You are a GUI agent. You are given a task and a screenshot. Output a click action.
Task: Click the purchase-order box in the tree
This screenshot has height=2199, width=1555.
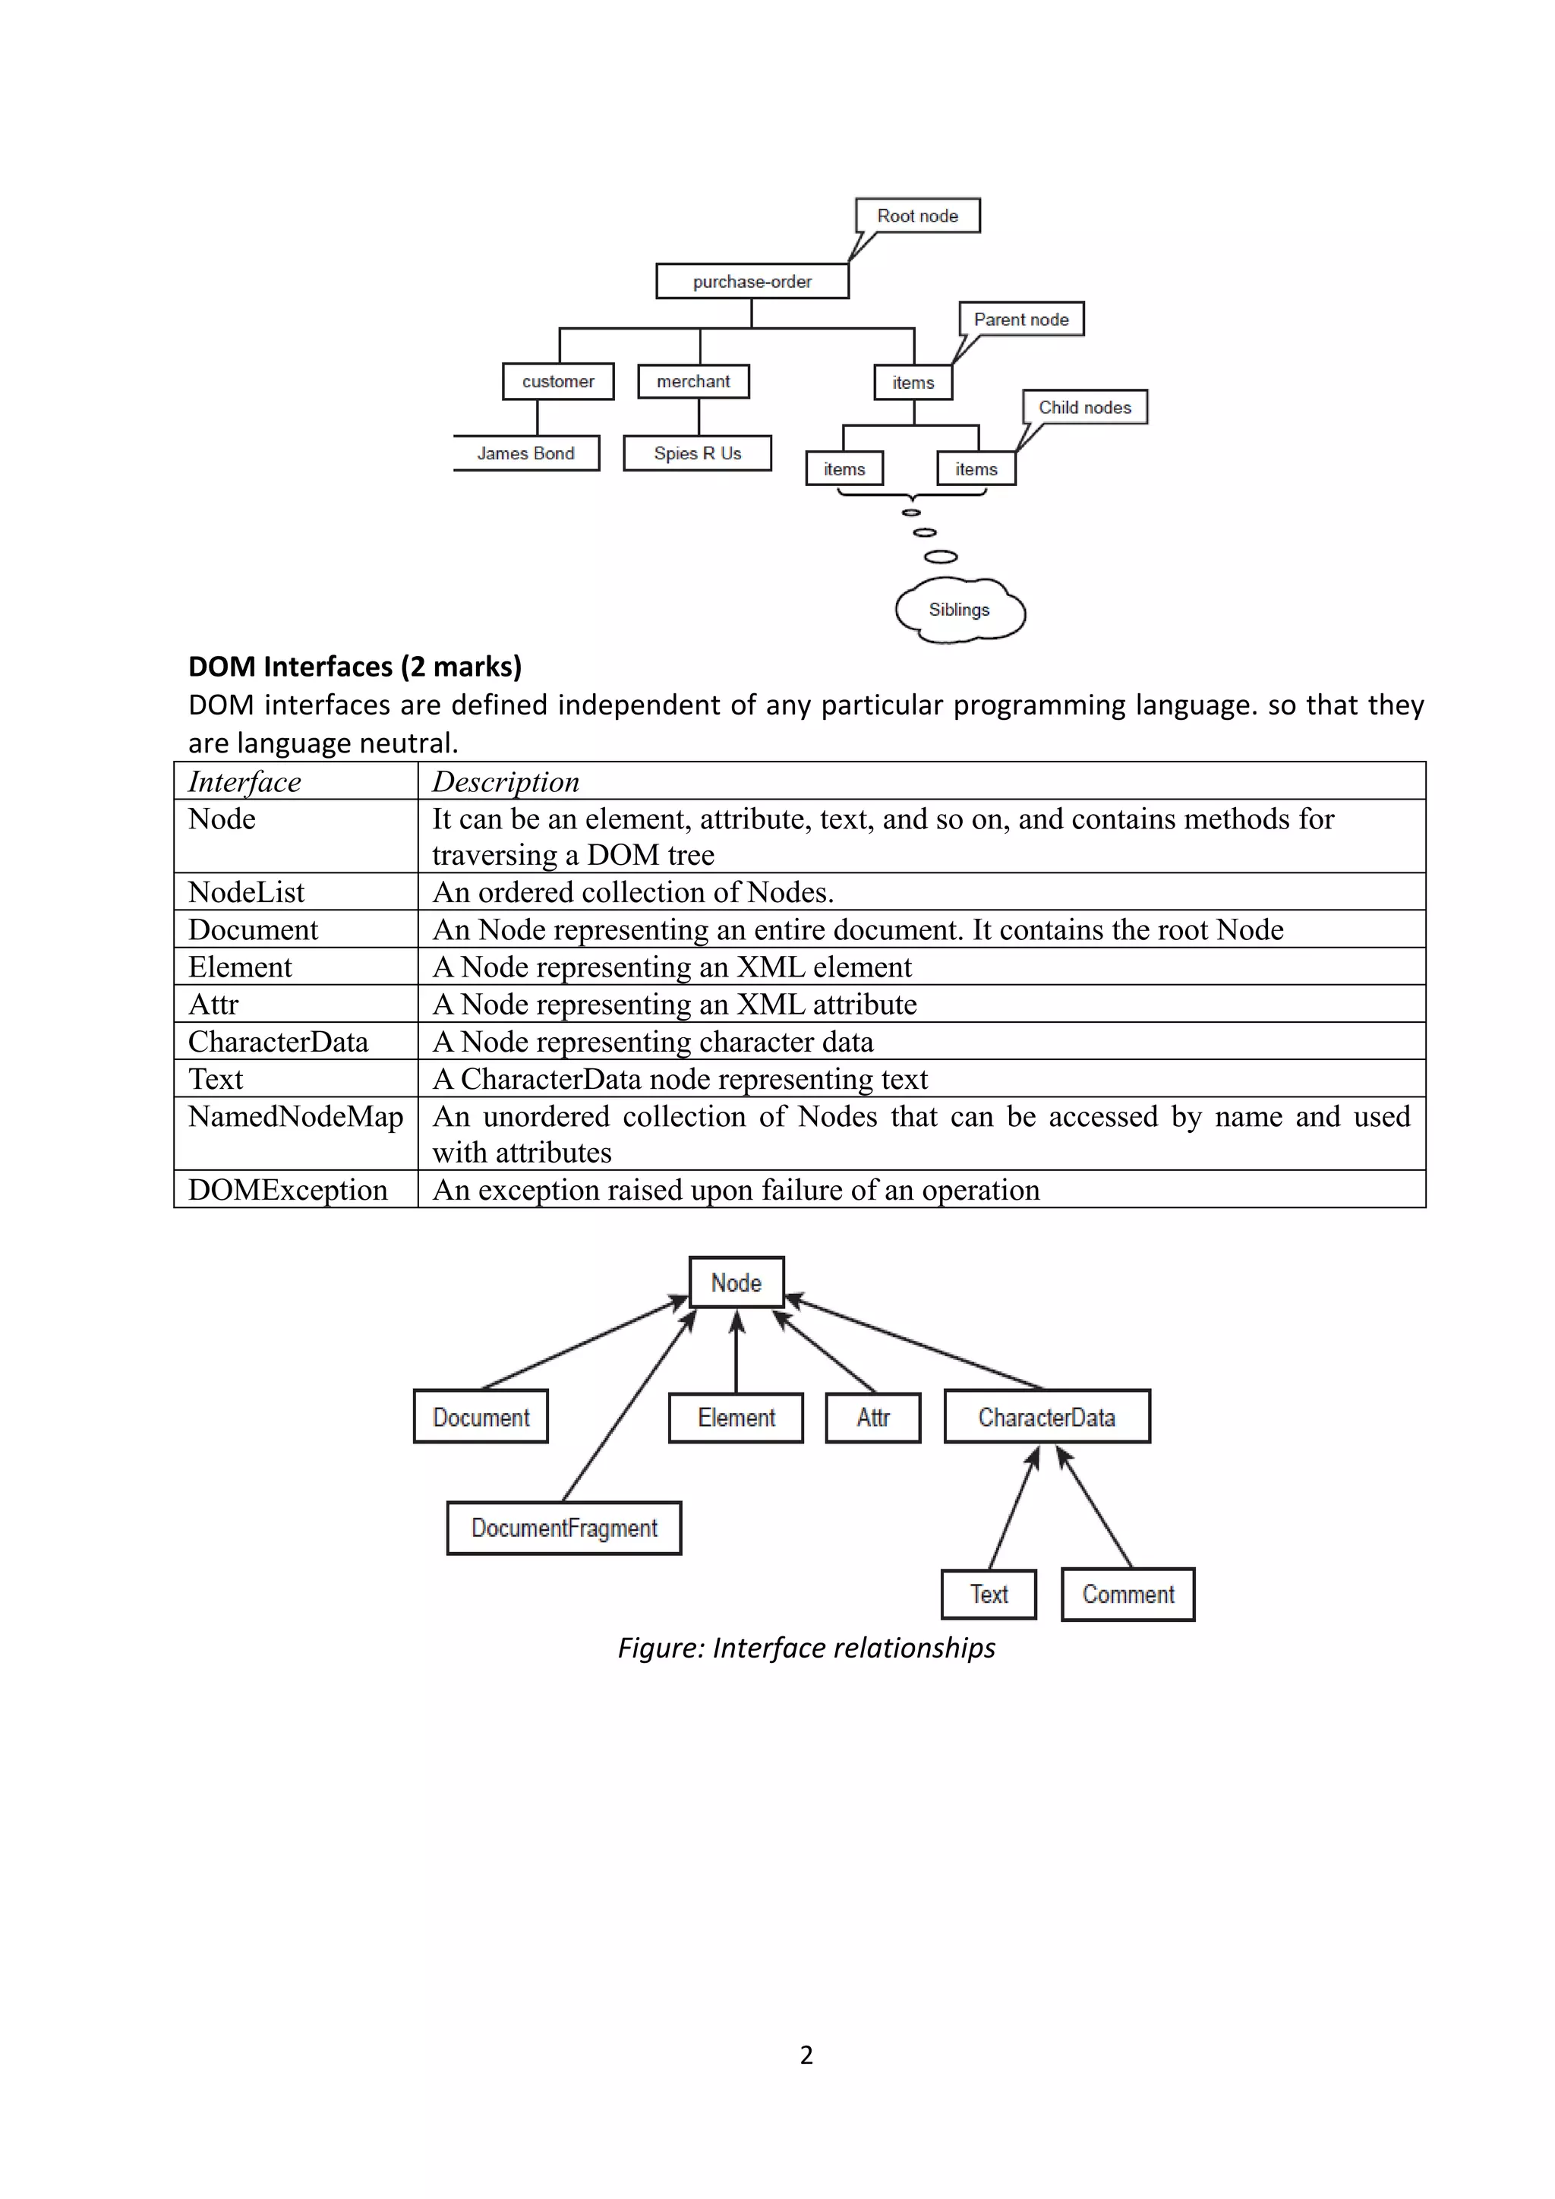click(x=752, y=282)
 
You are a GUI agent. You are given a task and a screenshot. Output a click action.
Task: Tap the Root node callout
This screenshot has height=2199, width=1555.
click(x=917, y=216)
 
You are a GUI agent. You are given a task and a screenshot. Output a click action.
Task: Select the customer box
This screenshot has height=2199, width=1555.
click(x=557, y=381)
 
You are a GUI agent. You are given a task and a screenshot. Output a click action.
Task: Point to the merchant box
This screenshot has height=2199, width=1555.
click(x=693, y=381)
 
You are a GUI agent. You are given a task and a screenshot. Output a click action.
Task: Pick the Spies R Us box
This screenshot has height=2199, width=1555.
click(x=697, y=453)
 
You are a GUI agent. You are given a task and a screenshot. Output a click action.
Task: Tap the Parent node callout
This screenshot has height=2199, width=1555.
click(x=1020, y=319)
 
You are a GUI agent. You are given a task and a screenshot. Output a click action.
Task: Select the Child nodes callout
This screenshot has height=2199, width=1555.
click(x=1084, y=407)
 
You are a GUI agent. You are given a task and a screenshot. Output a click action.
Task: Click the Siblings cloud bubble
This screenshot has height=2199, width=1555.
click(x=960, y=610)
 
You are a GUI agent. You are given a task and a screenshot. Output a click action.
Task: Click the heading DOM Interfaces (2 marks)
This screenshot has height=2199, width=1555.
click(x=355, y=667)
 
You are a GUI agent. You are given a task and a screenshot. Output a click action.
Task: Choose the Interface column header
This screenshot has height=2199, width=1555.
click(x=245, y=781)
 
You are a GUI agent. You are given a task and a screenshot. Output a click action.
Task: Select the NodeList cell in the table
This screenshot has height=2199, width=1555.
click(x=246, y=891)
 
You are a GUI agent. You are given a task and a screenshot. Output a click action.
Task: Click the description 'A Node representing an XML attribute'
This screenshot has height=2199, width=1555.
click(x=675, y=1004)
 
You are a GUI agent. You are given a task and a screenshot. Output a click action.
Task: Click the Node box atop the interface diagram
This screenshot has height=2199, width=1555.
click(x=736, y=1282)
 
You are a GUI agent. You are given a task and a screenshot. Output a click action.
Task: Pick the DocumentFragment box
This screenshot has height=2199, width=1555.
click(x=564, y=1528)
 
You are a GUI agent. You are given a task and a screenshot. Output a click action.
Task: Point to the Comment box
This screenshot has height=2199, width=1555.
click(x=1128, y=1595)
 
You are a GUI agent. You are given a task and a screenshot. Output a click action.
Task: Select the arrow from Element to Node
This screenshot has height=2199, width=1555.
click(x=736, y=1350)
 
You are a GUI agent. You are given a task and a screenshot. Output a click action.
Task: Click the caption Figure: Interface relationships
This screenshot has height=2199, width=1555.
click(x=806, y=1647)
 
